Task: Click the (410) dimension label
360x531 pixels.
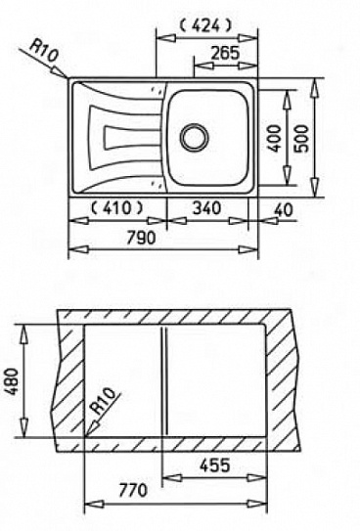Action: [x=116, y=208]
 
